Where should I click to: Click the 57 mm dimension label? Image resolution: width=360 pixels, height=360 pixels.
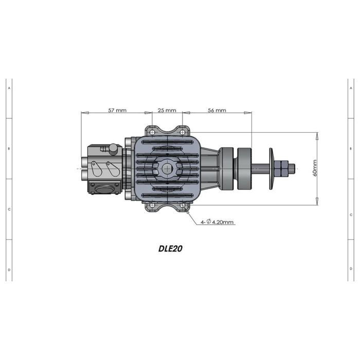tap(117, 110)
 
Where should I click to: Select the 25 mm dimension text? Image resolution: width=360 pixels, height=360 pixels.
tap(167, 110)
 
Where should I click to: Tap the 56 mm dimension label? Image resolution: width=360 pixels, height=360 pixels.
tap(217, 110)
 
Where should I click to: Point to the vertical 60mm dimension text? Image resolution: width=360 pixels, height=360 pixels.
tap(315, 168)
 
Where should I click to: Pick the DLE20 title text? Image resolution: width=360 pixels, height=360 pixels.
tap(170, 248)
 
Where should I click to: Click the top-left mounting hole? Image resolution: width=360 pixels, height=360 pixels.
tap(152, 133)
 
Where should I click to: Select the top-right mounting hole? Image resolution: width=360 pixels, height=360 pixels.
tap(182, 133)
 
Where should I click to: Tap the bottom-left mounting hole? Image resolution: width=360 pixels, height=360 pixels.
tap(152, 205)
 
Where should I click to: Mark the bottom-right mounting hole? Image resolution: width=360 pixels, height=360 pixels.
tap(182, 205)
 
